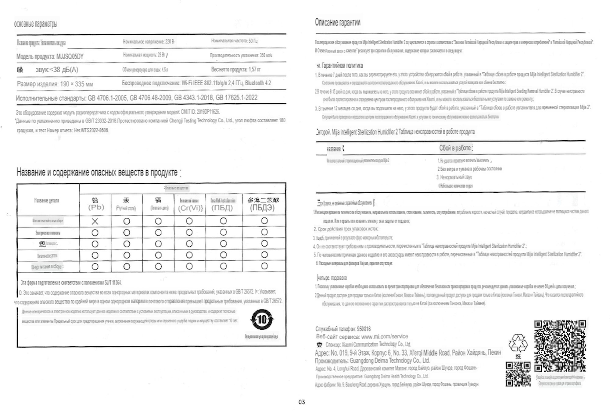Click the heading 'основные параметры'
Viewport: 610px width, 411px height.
[x=36, y=24]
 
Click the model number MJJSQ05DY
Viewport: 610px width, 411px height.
[x=70, y=56]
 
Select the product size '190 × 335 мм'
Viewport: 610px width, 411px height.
[x=76, y=84]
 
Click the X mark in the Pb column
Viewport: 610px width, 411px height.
[x=95, y=221]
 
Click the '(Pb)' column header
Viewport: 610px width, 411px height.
[x=96, y=207]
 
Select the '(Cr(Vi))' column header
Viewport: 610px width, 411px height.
[x=190, y=208]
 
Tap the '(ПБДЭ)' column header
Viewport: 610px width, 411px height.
[x=262, y=208]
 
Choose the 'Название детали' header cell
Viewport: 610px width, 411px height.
[x=47, y=200]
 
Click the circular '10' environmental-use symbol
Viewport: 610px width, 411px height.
[x=262, y=320]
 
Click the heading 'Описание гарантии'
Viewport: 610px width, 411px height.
[x=338, y=22]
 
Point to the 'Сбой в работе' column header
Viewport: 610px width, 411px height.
[x=455, y=148]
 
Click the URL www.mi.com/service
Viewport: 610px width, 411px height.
[x=384, y=337]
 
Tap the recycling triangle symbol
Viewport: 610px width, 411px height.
[x=518, y=343]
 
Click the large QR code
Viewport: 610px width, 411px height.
[x=560, y=346]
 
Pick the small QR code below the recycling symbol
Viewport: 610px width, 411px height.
[x=518, y=374]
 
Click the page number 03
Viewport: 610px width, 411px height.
[x=302, y=402]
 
